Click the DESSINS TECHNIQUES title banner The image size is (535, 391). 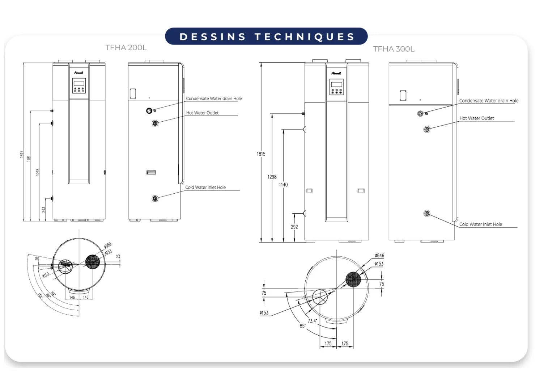pos(266,37)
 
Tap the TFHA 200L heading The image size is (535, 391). pos(126,47)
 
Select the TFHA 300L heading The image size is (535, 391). pos(394,49)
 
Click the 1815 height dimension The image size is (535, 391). pos(261,154)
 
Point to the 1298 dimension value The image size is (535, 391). pos(272,177)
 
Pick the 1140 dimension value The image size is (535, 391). pos(283,185)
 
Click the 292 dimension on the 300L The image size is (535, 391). pos(294,227)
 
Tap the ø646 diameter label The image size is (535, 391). pos(379,256)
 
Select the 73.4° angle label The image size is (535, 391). pos(312,321)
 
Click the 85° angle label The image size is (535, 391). pos(302,326)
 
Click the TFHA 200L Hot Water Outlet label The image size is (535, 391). pos(202,113)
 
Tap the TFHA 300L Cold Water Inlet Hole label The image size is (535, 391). pos(480,224)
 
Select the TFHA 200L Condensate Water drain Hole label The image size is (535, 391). pos(214,98)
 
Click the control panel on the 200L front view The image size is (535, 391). pos(79,85)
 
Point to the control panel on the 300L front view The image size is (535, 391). pos(336,87)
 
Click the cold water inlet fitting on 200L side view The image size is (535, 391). pos(155,198)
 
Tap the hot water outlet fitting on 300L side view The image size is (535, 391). pos(427,129)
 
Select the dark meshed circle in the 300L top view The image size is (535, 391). pos(353,279)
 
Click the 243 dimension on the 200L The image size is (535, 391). pos(44,210)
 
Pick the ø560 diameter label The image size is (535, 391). pos(107,246)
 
